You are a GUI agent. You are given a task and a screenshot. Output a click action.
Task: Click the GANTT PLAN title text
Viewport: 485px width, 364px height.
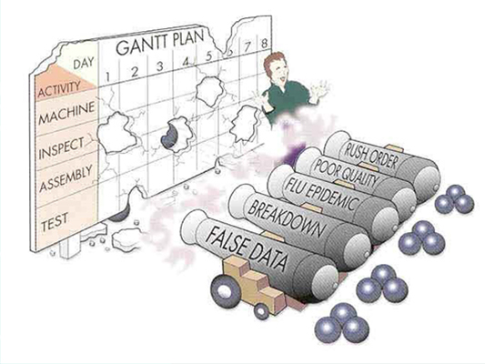160,42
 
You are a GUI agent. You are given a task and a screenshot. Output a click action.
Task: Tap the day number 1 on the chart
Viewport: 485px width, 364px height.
107,76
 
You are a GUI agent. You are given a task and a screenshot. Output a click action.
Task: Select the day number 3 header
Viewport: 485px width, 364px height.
159,66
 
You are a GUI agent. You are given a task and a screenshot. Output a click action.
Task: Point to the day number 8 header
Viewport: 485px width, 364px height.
264,43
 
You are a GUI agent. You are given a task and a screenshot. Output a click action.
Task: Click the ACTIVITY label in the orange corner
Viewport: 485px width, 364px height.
59,89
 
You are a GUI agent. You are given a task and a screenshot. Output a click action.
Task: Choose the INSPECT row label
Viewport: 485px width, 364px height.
61,147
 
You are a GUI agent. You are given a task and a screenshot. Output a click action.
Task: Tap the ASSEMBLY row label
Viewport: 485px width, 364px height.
66,177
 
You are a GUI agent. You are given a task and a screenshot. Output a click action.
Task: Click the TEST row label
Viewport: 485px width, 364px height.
55,222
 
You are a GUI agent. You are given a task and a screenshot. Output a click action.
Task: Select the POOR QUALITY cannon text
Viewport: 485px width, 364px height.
346,172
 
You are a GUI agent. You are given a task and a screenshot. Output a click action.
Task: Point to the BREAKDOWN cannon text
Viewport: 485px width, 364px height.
287,216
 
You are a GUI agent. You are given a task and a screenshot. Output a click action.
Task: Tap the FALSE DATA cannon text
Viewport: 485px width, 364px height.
247,250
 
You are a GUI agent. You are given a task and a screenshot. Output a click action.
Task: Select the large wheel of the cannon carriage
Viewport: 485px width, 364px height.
225,290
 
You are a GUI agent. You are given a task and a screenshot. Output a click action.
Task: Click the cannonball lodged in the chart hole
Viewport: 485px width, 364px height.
169,136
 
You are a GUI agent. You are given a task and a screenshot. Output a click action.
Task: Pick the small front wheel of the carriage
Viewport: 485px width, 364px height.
262,311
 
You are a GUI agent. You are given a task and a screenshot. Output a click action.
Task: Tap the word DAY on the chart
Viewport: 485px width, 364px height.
84,63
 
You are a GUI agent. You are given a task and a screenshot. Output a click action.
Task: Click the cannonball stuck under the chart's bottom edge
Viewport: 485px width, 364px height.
119,214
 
